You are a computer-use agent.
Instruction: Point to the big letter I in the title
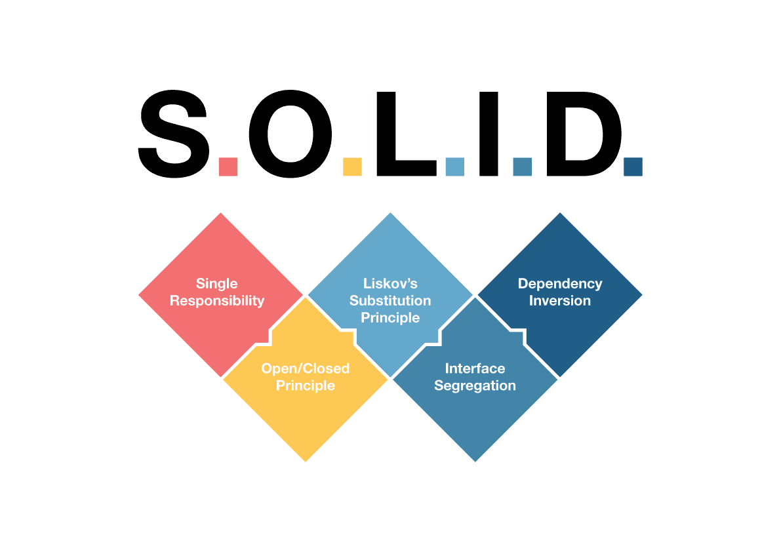489,134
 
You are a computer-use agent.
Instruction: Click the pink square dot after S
228,167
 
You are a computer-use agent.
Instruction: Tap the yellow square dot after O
352,167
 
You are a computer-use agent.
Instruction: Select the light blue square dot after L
454,167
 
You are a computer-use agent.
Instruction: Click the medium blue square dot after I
522,167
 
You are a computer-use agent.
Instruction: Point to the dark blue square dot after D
632,167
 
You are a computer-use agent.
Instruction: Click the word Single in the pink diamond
216,284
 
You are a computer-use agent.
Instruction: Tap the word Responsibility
216,301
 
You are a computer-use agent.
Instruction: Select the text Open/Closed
306,368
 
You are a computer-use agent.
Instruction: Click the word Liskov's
390,284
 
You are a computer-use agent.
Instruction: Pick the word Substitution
390,301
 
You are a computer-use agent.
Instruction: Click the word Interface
475,368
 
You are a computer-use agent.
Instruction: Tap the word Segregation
475,385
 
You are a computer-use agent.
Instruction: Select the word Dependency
560,284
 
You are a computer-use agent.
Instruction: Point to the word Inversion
560,301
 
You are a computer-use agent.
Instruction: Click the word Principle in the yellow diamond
306,385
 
